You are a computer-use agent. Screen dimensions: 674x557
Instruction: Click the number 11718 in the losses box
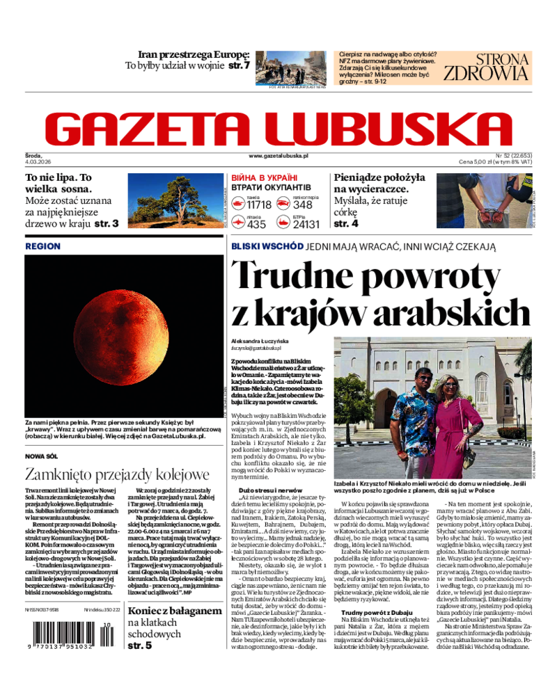coord(259,204)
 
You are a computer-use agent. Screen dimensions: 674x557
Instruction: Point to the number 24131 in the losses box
coord(306,224)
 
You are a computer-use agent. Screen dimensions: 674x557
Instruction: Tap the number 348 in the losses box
coord(302,204)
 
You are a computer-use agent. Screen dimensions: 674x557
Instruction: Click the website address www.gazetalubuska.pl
coord(278,157)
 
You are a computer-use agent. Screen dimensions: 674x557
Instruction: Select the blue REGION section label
coord(42,246)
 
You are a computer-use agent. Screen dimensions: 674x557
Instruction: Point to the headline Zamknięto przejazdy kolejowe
coord(117,475)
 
